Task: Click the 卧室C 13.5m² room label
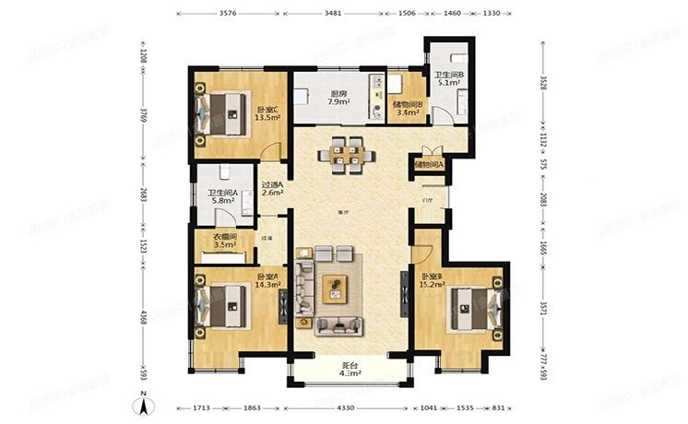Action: (267, 114)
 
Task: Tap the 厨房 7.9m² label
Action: (338, 97)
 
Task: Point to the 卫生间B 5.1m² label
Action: (448, 79)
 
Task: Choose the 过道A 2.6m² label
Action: (272, 188)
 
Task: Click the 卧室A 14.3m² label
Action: (267, 281)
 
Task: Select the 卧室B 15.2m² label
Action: (433, 281)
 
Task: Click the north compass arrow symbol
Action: (145, 403)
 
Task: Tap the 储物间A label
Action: (429, 165)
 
